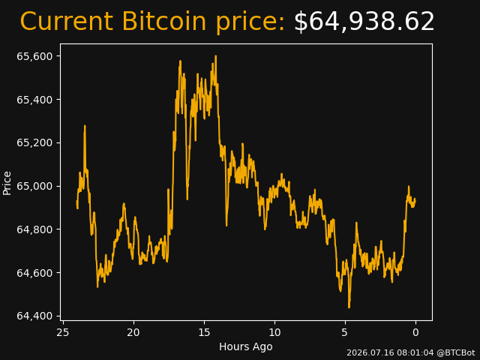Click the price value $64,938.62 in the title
[x=364, y=22]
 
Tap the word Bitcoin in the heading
[x=164, y=21]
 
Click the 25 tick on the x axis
[x=63, y=332]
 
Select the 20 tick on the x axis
[x=133, y=332]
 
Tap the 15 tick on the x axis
[x=204, y=332]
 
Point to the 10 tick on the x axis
[x=274, y=332]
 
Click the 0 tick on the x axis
[x=415, y=332]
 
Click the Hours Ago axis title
[x=246, y=346]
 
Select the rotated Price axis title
[x=7, y=183]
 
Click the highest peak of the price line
[x=216, y=56]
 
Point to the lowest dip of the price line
[x=349, y=307]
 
